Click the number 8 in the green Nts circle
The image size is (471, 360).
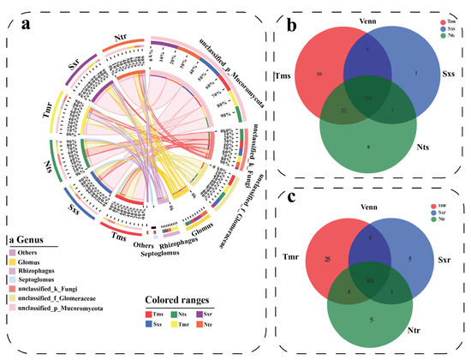(x=368, y=147)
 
